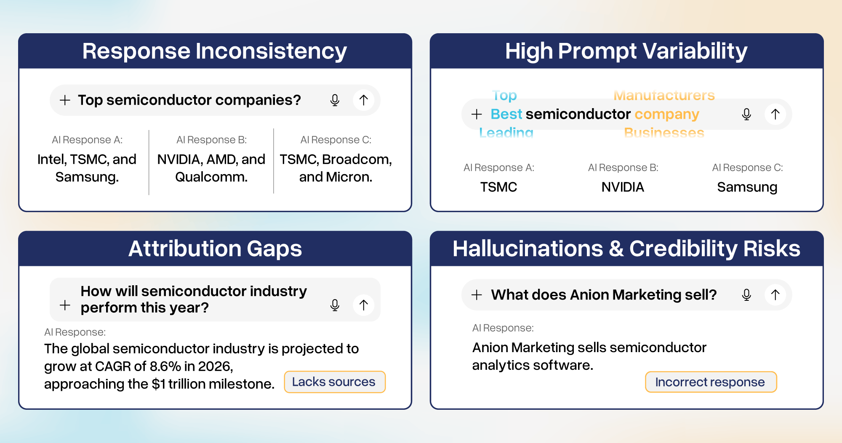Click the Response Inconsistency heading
coord(214,51)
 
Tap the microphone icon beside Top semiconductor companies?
coord(335,100)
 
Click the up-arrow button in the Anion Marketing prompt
coord(775,294)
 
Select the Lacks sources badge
coord(334,382)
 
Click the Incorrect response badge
coord(710,382)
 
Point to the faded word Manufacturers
coord(664,95)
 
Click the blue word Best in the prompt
coord(506,114)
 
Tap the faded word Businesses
coord(664,133)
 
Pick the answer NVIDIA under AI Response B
coord(623,187)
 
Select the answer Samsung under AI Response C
coord(747,187)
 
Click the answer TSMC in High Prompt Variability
coord(498,187)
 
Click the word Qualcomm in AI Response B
coord(211,177)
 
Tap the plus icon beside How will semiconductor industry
coord(65,305)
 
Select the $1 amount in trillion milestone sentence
coord(158,384)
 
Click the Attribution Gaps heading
coord(215,249)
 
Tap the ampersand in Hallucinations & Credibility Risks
coord(616,249)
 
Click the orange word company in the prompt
coord(667,114)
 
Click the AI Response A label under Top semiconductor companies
coord(87,140)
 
